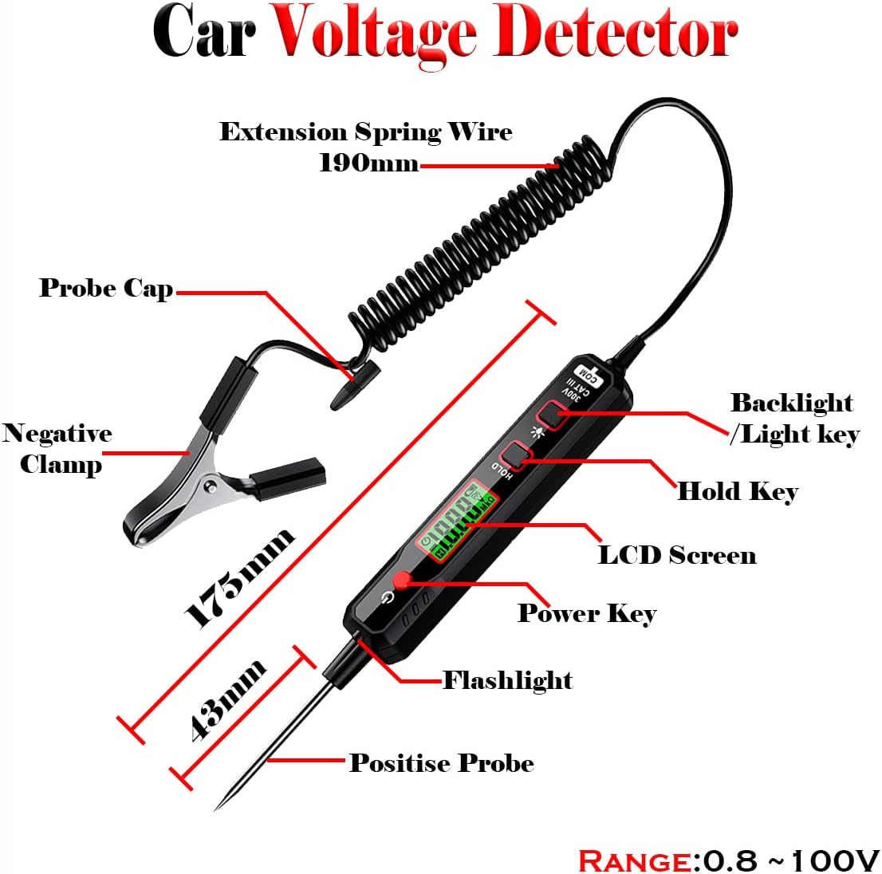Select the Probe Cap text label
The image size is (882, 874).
tap(106, 288)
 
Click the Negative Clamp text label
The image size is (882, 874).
tap(56, 448)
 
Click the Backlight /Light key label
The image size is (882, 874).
tap(793, 418)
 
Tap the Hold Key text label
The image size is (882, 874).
tap(737, 490)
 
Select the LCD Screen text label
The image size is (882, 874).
tap(677, 554)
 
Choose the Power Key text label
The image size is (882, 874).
tap(587, 612)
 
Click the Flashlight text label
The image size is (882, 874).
tap(507, 680)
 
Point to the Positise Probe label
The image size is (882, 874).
tap(442, 763)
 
